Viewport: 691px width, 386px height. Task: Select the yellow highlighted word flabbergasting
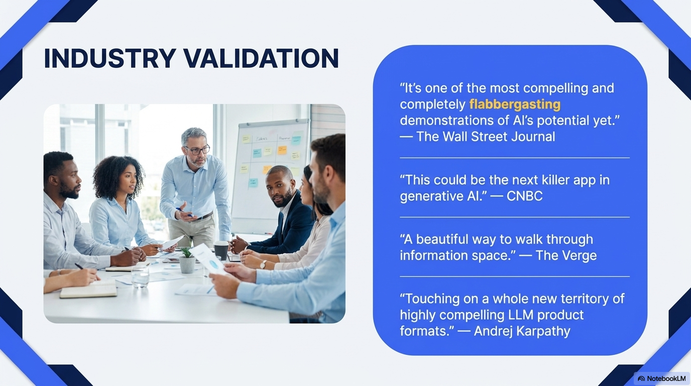[515, 105]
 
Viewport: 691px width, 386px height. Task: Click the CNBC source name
[524, 196]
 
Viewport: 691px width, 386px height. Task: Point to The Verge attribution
[566, 255]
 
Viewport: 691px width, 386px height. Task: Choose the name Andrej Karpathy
[522, 331]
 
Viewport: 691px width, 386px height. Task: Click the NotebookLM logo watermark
[662, 378]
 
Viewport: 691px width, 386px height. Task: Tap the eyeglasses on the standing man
[198, 150]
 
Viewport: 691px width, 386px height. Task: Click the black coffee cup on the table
[221, 250]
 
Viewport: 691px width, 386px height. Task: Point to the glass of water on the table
[140, 276]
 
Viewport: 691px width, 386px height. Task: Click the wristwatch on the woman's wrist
[263, 264]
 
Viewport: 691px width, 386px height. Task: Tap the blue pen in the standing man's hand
[184, 212]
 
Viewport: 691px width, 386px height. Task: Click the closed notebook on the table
[88, 291]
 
